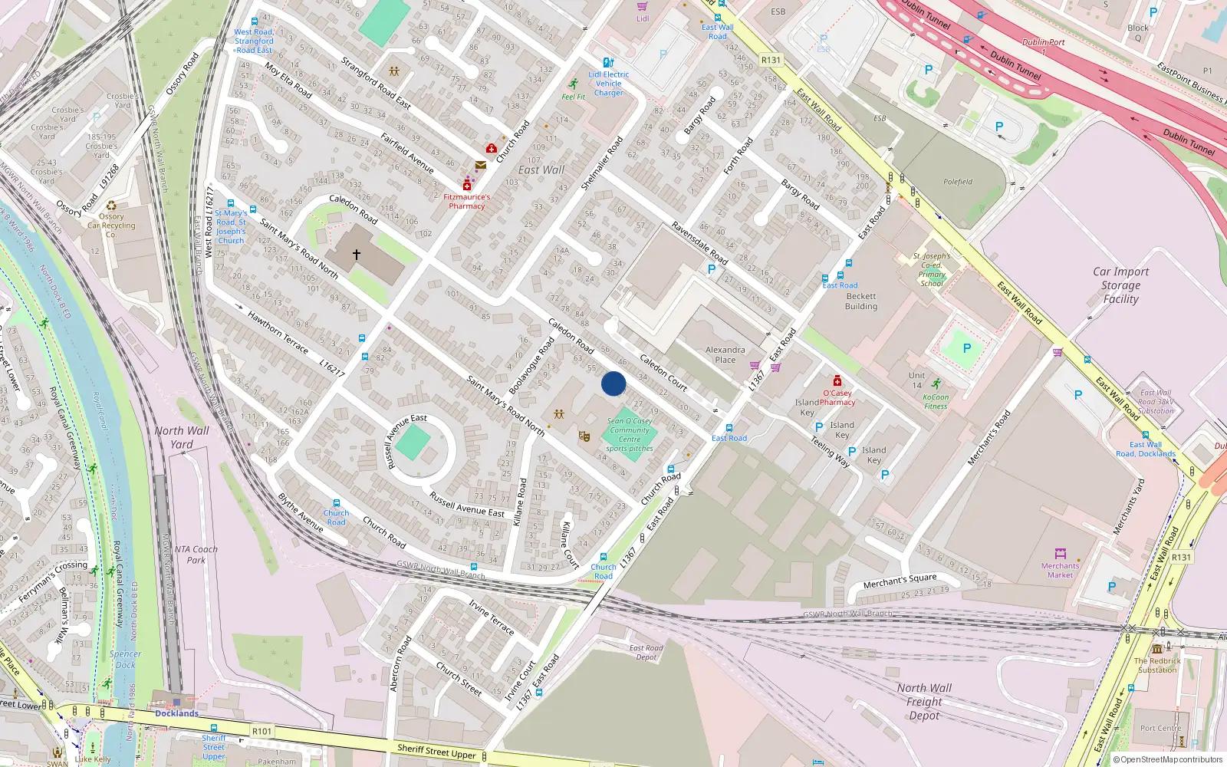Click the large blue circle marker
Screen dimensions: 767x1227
613,383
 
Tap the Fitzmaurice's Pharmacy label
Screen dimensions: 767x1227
466,201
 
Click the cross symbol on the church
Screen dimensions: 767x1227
357,254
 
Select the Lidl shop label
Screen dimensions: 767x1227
643,18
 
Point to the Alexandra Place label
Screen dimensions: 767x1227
725,354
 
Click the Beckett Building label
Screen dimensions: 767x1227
860,301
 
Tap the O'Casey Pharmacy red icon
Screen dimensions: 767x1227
837,381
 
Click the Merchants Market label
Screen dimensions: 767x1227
1060,570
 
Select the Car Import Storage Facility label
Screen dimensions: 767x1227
1120,285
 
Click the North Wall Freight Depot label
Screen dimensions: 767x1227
924,701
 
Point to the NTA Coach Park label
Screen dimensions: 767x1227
196,555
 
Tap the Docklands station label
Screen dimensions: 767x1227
176,713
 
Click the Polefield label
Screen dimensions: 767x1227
958,182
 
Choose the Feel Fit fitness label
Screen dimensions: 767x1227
573,97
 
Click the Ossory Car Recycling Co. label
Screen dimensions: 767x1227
111,225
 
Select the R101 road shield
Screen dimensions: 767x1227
262,731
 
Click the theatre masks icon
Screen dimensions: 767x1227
584,436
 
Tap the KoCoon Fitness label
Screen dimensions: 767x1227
935,401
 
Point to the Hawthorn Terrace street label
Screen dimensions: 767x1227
278,332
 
